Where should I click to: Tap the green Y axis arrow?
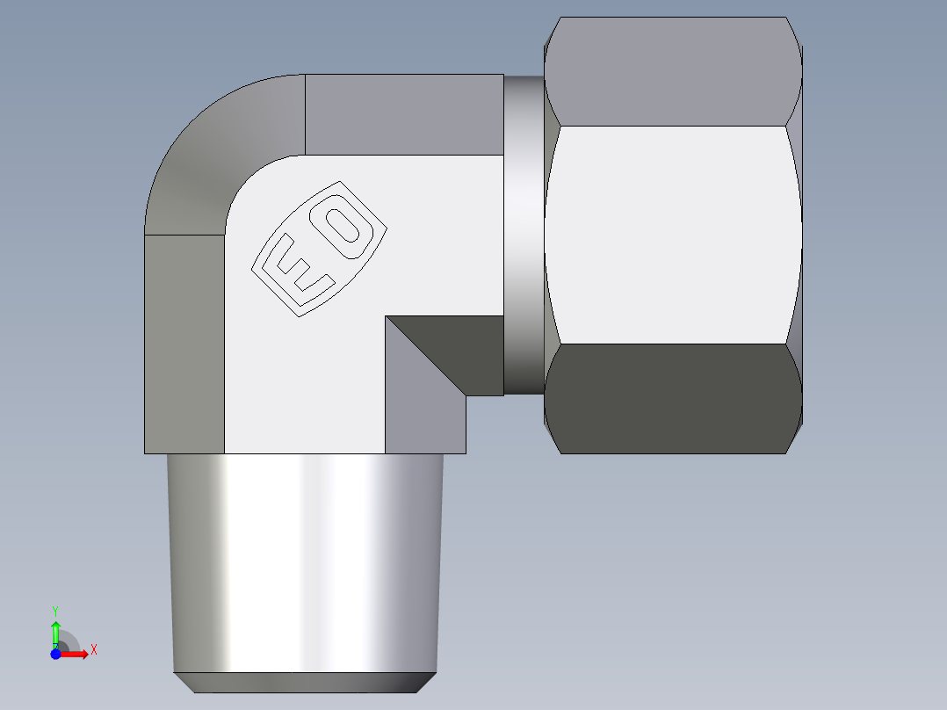(55, 630)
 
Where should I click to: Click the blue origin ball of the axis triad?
(55, 654)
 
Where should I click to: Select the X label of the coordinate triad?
(93, 650)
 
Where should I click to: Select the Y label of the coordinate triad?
(55, 610)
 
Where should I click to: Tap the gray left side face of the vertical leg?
(184, 343)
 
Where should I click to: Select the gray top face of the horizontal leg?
(404, 114)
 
